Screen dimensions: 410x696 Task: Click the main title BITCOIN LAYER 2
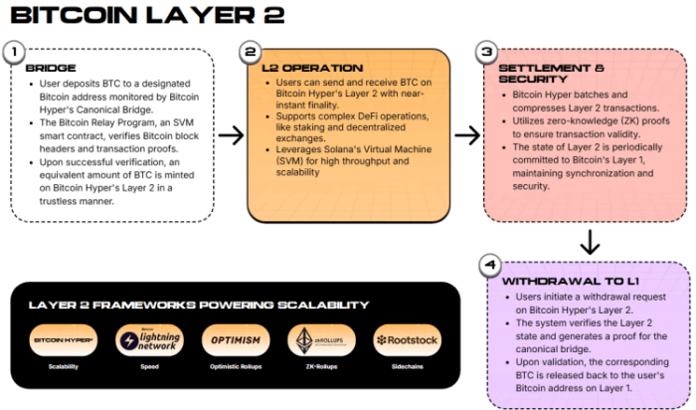click(148, 16)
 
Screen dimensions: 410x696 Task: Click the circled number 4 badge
click(488, 266)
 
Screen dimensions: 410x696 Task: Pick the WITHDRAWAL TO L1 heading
click(562, 282)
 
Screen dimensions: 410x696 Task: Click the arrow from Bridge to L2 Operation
click(231, 136)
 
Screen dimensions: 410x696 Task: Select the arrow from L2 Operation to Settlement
click(467, 136)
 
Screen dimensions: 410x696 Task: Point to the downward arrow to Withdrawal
click(589, 241)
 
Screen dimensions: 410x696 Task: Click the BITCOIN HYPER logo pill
click(64, 340)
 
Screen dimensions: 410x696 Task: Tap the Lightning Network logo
click(149, 340)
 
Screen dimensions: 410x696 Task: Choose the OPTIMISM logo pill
click(235, 340)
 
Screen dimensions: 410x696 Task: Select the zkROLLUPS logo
click(320, 340)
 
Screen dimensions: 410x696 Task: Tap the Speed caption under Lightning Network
click(149, 367)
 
